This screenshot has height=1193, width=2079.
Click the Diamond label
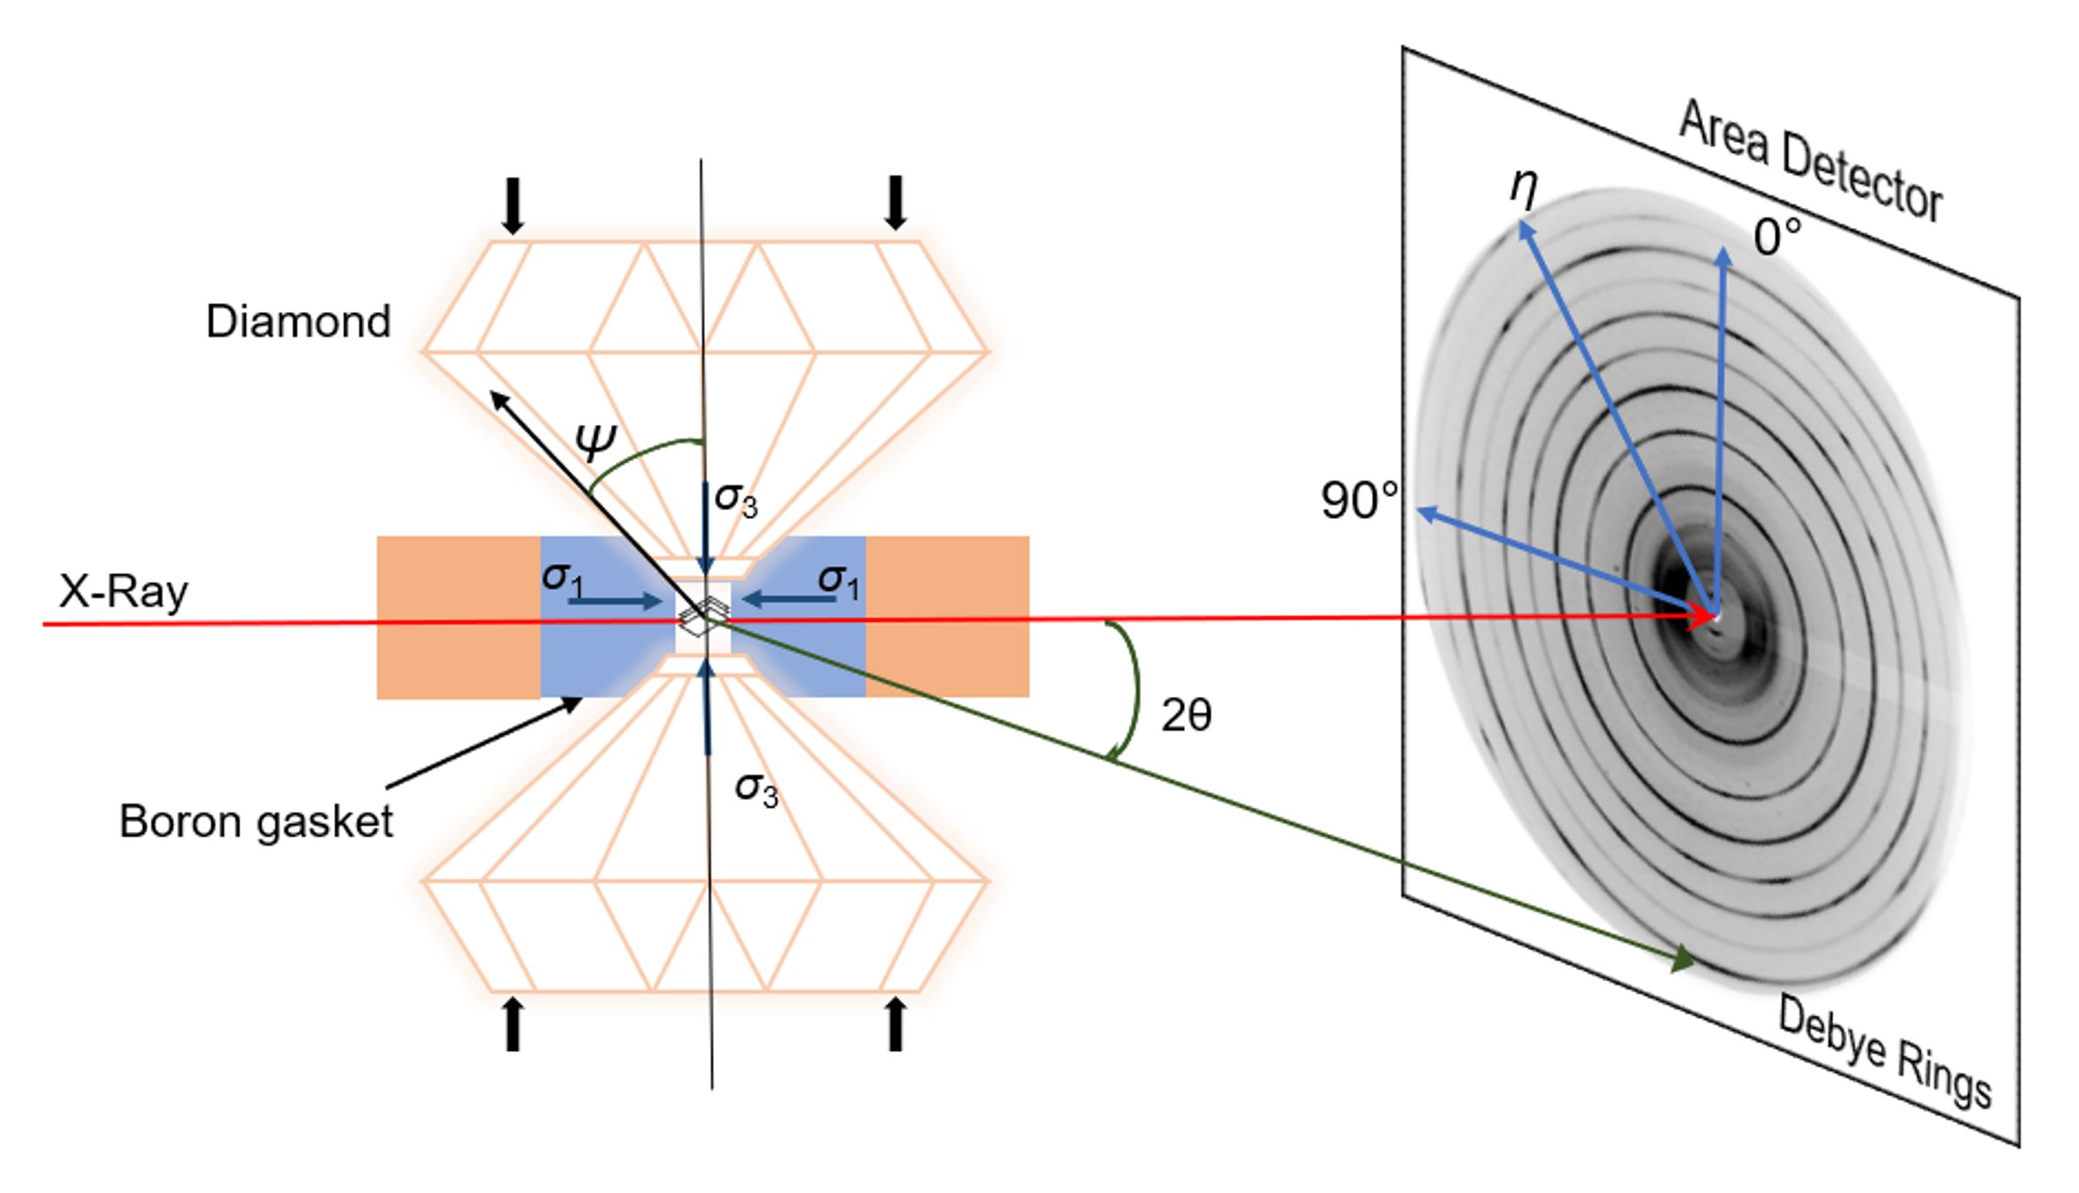tap(298, 321)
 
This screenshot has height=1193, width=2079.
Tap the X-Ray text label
tap(123, 591)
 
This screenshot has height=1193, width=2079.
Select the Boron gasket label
tap(256, 821)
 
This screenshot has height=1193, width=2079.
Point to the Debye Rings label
tap(1886, 1052)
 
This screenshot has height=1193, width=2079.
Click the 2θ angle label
tap(1187, 715)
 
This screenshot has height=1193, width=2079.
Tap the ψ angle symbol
tap(596, 441)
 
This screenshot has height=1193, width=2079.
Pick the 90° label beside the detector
tap(1359, 500)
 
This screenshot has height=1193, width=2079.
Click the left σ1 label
tap(563, 579)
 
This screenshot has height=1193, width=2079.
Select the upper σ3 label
tap(736, 498)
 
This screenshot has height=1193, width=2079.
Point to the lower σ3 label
tap(757, 789)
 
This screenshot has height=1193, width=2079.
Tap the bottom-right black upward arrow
tap(896, 1024)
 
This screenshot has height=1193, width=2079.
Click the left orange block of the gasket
tap(459, 616)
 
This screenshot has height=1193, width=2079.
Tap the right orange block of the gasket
tap(947, 616)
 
